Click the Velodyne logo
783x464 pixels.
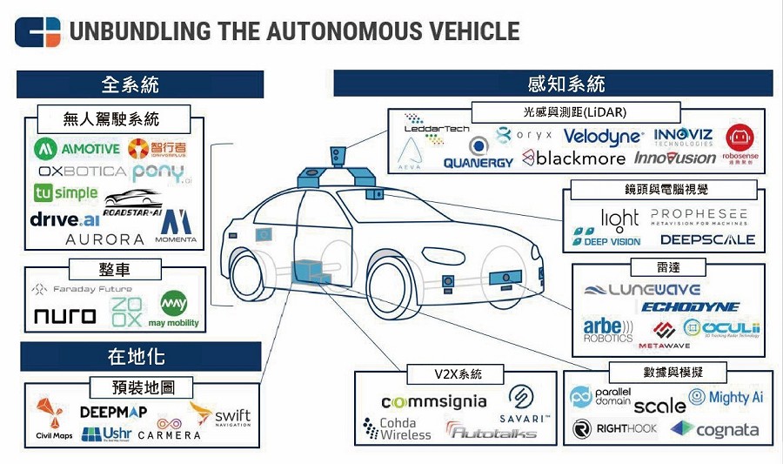(603, 136)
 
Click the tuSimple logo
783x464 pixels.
(66, 192)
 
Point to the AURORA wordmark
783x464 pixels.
(104, 239)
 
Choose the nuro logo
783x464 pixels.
(64, 314)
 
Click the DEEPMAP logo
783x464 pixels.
(113, 411)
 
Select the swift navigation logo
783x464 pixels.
(221, 414)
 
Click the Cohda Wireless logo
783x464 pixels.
(397, 428)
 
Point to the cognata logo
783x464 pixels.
(715, 429)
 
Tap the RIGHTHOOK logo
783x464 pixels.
(614, 428)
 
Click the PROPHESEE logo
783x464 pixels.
(698, 215)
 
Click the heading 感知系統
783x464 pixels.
(552, 84)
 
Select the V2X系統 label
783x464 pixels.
(457, 374)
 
